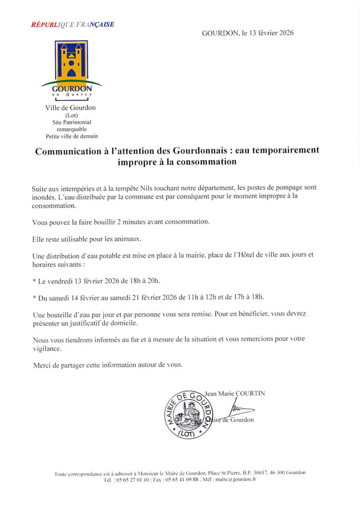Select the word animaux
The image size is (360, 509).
(x=126, y=239)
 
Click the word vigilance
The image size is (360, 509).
(x=46, y=348)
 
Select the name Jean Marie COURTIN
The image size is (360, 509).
(x=235, y=393)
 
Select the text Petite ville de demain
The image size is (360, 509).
(x=72, y=136)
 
